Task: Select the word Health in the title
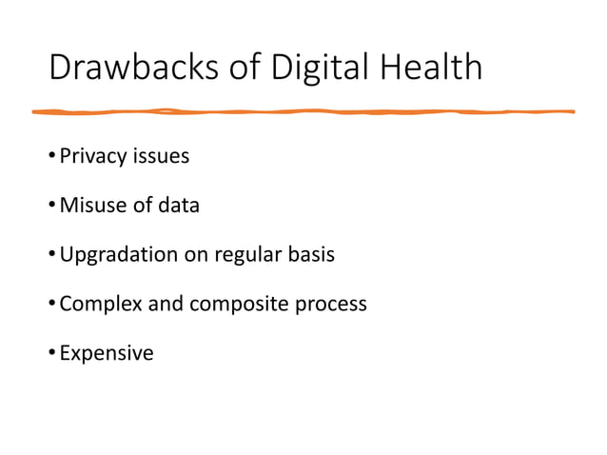point(432,69)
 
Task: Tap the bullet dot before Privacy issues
point(51,156)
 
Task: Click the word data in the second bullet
point(179,206)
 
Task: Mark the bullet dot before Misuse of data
point(51,206)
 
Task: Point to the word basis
point(311,255)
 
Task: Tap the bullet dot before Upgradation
point(51,255)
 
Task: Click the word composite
point(240,305)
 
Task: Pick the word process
point(332,305)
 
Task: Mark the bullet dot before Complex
point(51,305)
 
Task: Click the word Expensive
point(107,354)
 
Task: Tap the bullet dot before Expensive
point(51,354)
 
